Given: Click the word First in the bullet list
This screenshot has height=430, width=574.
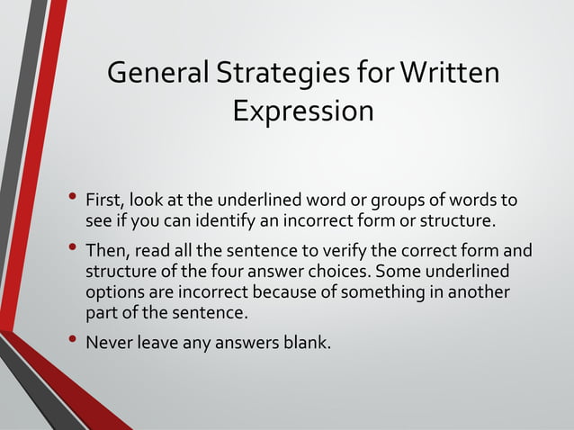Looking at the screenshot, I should (x=104, y=200).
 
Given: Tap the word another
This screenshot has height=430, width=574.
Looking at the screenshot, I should (x=478, y=292).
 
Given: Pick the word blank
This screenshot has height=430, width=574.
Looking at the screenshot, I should (x=308, y=343).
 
